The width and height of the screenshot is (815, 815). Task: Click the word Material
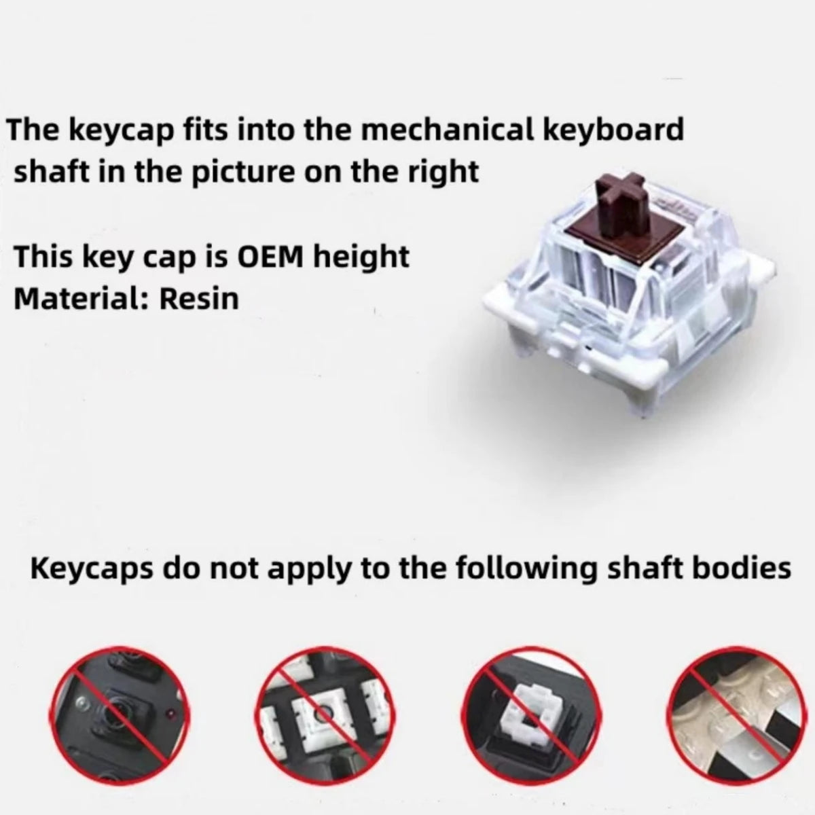coord(79,298)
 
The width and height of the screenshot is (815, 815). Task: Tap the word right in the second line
coord(443,173)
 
